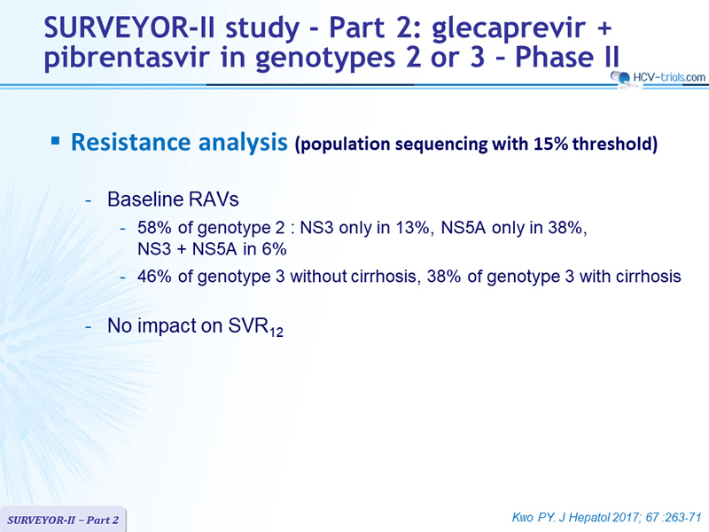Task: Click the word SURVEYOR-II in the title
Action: coord(129,27)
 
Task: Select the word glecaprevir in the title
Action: coord(508,29)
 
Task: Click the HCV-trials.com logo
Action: coord(658,77)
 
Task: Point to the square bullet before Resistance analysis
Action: coord(56,142)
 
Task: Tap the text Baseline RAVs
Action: coord(173,199)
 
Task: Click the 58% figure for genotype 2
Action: coord(154,227)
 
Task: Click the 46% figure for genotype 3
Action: coord(154,276)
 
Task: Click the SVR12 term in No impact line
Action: coord(255,326)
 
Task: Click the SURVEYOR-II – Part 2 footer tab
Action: coord(63,520)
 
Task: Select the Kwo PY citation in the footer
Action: coord(607,517)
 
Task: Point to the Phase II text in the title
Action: coord(567,57)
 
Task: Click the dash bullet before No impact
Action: coord(89,326)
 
